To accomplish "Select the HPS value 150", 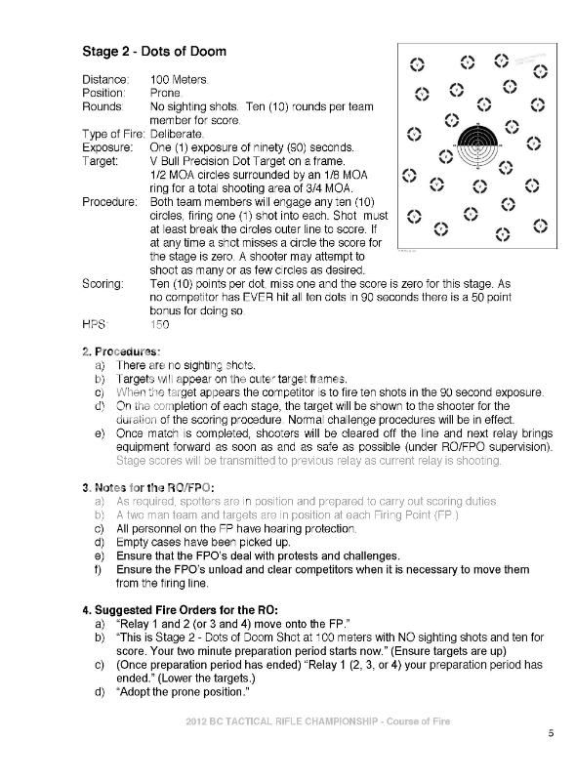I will click(x=160, y=325).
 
